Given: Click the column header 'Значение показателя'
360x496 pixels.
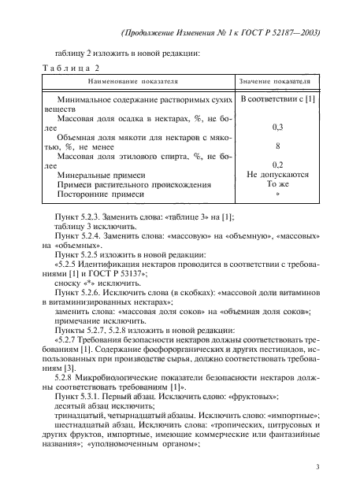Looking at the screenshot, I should tap(280, 81).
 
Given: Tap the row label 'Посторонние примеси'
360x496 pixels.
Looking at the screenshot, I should tap(100, 194).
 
